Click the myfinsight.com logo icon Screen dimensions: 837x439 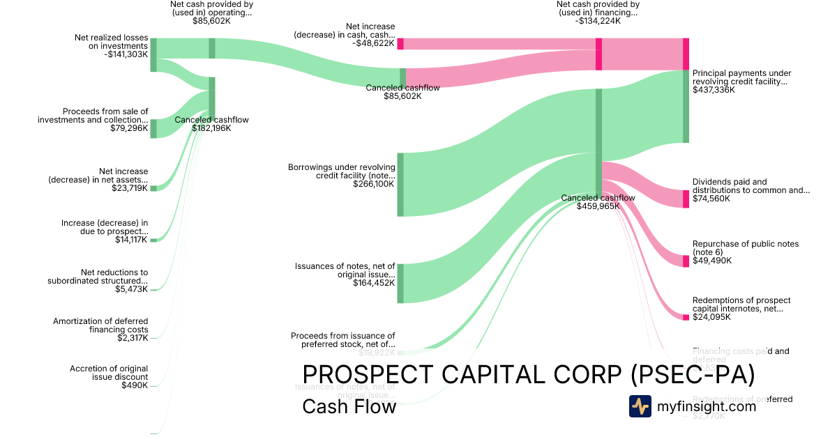640,406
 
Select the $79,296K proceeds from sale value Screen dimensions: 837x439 129,128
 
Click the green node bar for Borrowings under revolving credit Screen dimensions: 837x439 400,185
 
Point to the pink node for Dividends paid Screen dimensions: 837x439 686,199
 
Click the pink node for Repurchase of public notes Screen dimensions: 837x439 686,261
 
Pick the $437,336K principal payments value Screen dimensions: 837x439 714,90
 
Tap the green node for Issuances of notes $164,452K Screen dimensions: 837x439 400,284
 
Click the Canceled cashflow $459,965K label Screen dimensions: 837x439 598,202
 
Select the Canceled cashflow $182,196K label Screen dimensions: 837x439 211,124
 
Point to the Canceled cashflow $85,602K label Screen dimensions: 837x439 402,91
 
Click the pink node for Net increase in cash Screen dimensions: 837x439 400,44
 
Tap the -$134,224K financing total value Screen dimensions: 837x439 598,21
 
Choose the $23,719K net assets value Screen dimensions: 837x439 129,188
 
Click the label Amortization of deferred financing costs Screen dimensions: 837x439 100,325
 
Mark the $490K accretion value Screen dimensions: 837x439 135,385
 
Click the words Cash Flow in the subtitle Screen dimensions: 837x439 349,406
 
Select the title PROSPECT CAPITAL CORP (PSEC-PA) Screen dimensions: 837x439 528,375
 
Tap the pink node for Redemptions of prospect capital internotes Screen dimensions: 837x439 686,317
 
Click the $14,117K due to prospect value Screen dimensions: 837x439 131,240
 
